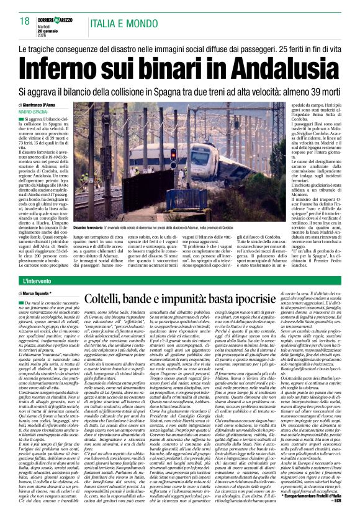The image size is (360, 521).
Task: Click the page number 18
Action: tap(25, 22)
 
